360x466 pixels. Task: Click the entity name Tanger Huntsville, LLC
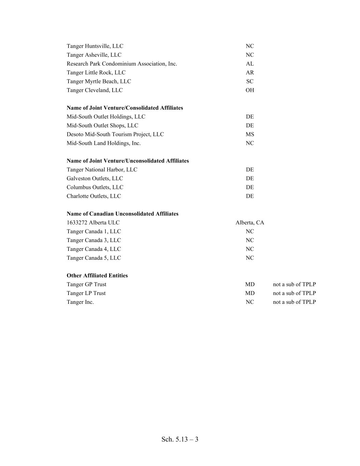tap(95, 46)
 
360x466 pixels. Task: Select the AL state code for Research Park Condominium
tap(250, 64)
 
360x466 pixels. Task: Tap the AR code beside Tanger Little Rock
tap(250, 73)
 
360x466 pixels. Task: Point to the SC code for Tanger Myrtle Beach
tap(250, 82)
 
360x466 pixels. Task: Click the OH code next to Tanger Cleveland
tap(250, 90)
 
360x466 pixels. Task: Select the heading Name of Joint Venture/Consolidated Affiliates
tap(125, 108)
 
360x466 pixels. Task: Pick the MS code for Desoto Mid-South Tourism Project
tap(250, 135)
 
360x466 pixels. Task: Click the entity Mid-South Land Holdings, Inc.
tap(104, 143)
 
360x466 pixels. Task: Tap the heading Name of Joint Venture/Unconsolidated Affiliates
tap(128, 161)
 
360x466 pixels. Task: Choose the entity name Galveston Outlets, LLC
tap(95, 179)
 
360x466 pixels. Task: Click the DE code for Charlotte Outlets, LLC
tap(250, 196)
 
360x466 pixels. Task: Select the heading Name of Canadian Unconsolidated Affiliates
tap(123, 214)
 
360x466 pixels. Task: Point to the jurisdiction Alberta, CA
tap(250, 223)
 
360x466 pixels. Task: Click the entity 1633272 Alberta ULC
tap(93, 223)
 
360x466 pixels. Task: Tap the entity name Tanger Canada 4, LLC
tap(94, 249)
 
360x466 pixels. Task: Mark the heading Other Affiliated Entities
tap(97, 276)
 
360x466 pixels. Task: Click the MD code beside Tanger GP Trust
tap(250, 284)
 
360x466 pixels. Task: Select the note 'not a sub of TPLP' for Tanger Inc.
tap(294, 302)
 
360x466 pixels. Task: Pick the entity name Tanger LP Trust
tap(86, 293)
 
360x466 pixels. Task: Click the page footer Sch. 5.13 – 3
tap(180, 439)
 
